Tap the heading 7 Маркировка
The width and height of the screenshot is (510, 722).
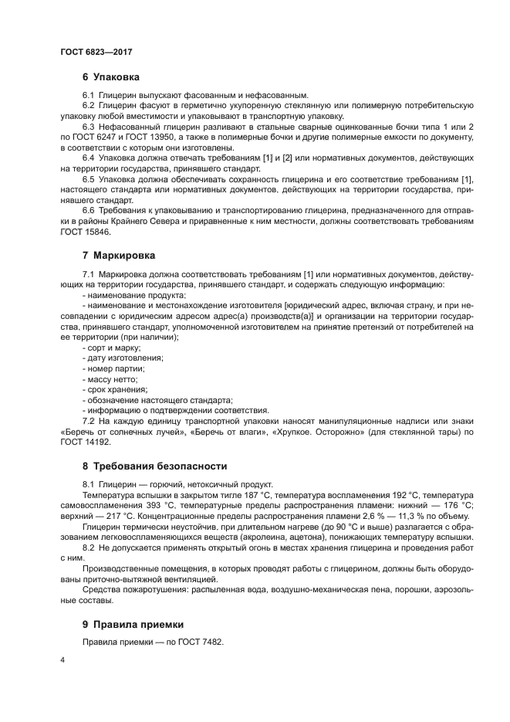(x=118, y=255)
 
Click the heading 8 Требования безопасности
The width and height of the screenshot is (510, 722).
(x=154, y=466)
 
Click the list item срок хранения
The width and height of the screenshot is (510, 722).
(x=114, y=389)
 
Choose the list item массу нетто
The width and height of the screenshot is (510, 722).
(x=111, y=379)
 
